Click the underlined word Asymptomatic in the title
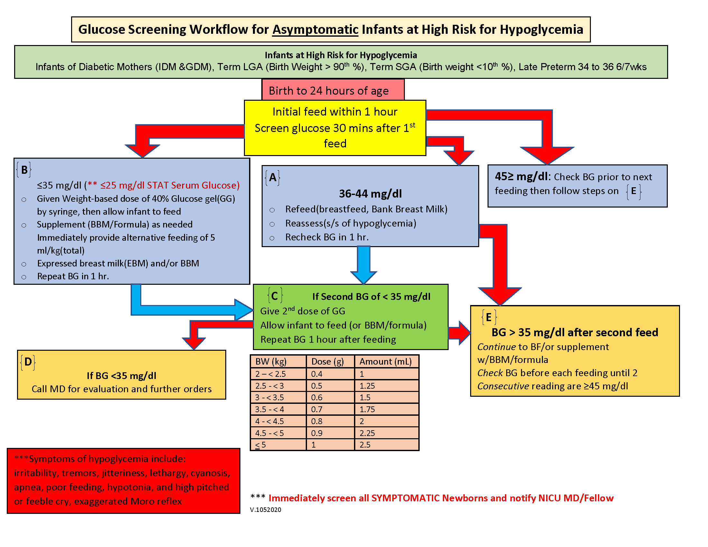tap(315, 30)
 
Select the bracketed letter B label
tap(24, 170)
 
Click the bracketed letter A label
tap(273, 177)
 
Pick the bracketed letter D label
tap(28, 362)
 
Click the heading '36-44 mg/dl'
tap(370, 193)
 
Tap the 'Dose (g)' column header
tap(327, 361)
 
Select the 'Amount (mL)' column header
tap(386, 361)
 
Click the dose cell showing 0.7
tap(317, 409)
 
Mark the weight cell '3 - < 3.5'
tap(269, 397)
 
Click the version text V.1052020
tap(265, 510)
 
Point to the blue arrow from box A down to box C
tap(363, 264)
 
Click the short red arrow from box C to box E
tap(459, 332)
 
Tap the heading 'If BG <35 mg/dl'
tap(122, 375)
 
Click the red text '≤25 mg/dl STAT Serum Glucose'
tap(170, 185)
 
